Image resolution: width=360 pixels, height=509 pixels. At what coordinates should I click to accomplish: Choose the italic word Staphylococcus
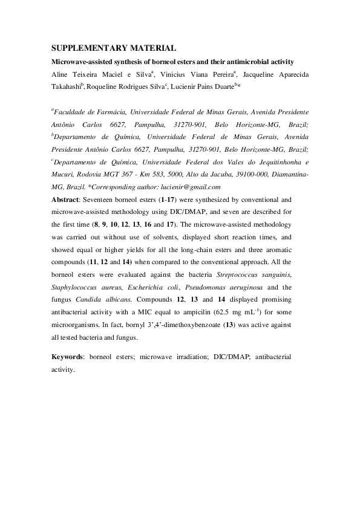coord(77,288)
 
